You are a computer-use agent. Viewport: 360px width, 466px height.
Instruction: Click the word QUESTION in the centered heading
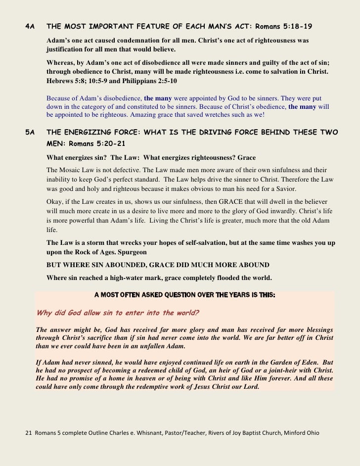point(184,295)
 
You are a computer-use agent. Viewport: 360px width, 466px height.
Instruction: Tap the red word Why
point(45,313)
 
